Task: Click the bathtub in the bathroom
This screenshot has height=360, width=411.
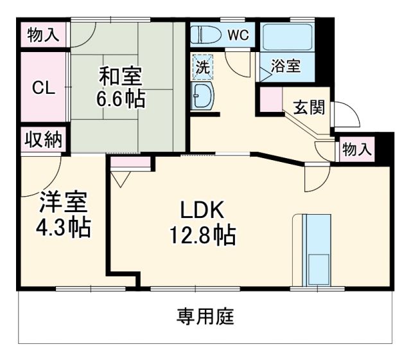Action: coord(287,35)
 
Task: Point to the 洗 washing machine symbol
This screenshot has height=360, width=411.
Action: coord(202,66)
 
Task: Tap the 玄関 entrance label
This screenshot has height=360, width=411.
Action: coord(309,107)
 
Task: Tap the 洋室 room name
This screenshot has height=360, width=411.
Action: coord(62,203)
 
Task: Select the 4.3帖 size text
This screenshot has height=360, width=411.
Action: coord(62,228)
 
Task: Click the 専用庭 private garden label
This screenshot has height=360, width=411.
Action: coord(205,316)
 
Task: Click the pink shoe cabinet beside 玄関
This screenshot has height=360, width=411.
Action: coord(269,100)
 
